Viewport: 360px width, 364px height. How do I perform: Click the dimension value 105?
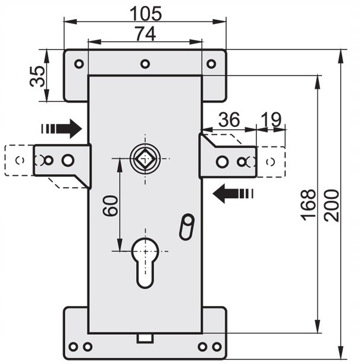coord(146,13)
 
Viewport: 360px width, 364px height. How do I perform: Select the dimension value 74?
coord(146,35)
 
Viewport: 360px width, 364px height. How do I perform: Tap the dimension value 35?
coord(37,76)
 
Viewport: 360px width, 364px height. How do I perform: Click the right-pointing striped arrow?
coord(62,127)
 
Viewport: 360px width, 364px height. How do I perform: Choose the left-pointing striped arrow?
coord(233,193)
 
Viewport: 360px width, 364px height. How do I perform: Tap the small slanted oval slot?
coord(186,226)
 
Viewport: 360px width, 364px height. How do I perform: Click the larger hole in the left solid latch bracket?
coord(68,160)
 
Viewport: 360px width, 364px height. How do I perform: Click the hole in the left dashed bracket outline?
coord(20,160)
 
